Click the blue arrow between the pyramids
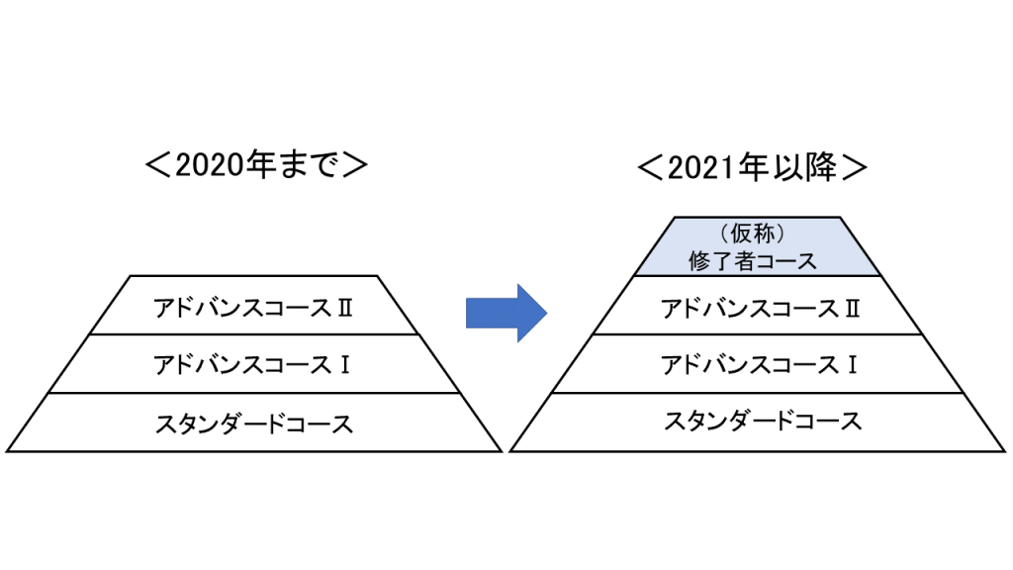point(506,313)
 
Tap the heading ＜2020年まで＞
point(256,165)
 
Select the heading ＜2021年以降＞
point(752,167)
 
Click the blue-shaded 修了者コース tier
point(757,246)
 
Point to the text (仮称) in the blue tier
point(753,233)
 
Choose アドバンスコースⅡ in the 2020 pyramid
point(253,308)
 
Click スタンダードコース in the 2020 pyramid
point(254,424)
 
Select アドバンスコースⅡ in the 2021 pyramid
point(761,309)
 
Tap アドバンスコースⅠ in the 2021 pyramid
point(759,365)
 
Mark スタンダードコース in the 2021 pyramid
point(763,422)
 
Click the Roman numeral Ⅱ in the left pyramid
point(345,309)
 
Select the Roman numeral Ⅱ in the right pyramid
point(853,309)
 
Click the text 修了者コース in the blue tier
point(753,261)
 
